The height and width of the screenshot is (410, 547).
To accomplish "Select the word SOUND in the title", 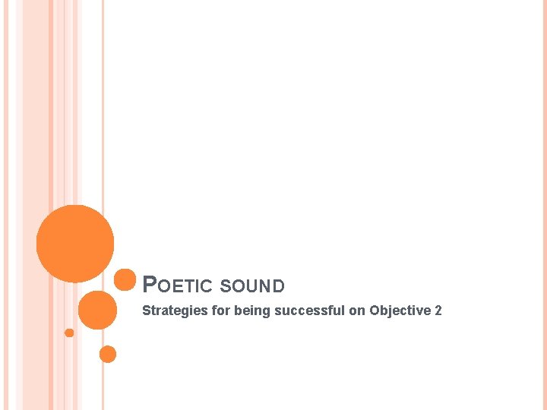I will [251, 286].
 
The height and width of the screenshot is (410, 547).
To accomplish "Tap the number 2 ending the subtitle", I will [438, 310].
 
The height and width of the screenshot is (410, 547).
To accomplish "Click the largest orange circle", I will [75, 244].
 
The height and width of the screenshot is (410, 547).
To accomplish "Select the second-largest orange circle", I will [98, 310].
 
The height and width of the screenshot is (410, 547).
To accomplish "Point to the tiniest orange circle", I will [69, 333].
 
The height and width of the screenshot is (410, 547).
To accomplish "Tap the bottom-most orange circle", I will [108, 354].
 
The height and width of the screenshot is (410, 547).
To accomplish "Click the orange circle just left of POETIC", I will [125, 280].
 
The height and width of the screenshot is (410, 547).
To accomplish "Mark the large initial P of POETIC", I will [150, 285].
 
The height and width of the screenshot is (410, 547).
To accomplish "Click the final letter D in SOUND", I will [279, 286].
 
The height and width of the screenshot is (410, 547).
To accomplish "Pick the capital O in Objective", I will [375, 310].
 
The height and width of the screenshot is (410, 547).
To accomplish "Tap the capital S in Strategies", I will [147, 310].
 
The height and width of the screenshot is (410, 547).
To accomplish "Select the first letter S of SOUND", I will [224, 286].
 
